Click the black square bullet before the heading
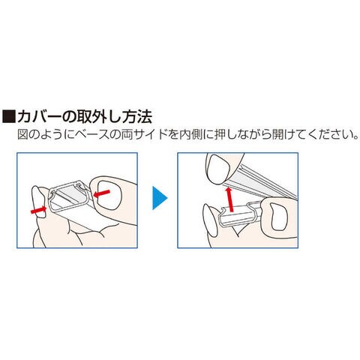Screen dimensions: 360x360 tap(9, 115)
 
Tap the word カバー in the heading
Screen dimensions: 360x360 tap(39, 116)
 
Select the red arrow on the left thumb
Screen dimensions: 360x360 tap(38, 210)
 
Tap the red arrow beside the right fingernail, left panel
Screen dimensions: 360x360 tap(101, 193)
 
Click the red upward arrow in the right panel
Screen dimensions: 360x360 tap(229, 199)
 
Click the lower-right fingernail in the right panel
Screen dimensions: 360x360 tap(279, 217)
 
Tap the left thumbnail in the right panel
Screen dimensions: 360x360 tap(210, 220)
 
